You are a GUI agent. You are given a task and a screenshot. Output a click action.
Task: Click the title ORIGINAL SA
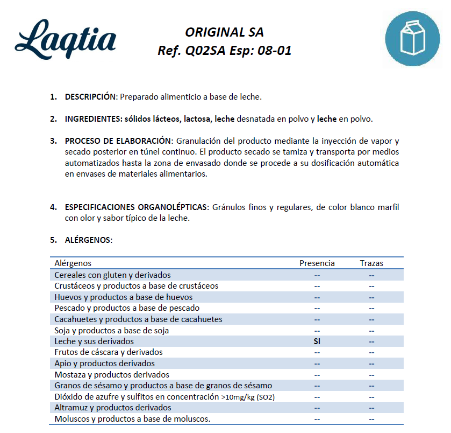pyautogui.click(x=224, y=32)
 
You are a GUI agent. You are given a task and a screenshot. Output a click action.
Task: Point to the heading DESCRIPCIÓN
pyautogui.click(x=90, y=97)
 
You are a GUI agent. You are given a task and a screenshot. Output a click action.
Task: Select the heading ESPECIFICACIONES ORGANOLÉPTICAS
pyautogui.click(x=137, y=207)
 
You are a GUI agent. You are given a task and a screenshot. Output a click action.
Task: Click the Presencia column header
pyautogui.click(x=317, y=263)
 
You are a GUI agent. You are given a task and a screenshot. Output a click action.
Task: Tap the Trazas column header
pyautogui.click(x=371, y=263)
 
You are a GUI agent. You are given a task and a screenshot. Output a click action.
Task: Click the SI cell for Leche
pyautogui.click(x=317, y=341)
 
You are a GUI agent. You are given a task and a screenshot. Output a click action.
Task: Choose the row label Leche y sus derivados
pyautogui.click(x=94, y=341)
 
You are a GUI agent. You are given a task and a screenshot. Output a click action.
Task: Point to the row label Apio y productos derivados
pyautogui.click(x=105, y=364)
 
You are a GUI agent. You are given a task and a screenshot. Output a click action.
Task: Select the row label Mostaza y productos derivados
pyautogui.click(x=112, y=374)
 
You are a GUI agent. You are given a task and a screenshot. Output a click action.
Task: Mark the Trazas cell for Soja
pyautogui.click(x=371, y=331)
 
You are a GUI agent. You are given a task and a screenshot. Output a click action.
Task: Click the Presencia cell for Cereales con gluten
pyautogui.click(x=317, y=275)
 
